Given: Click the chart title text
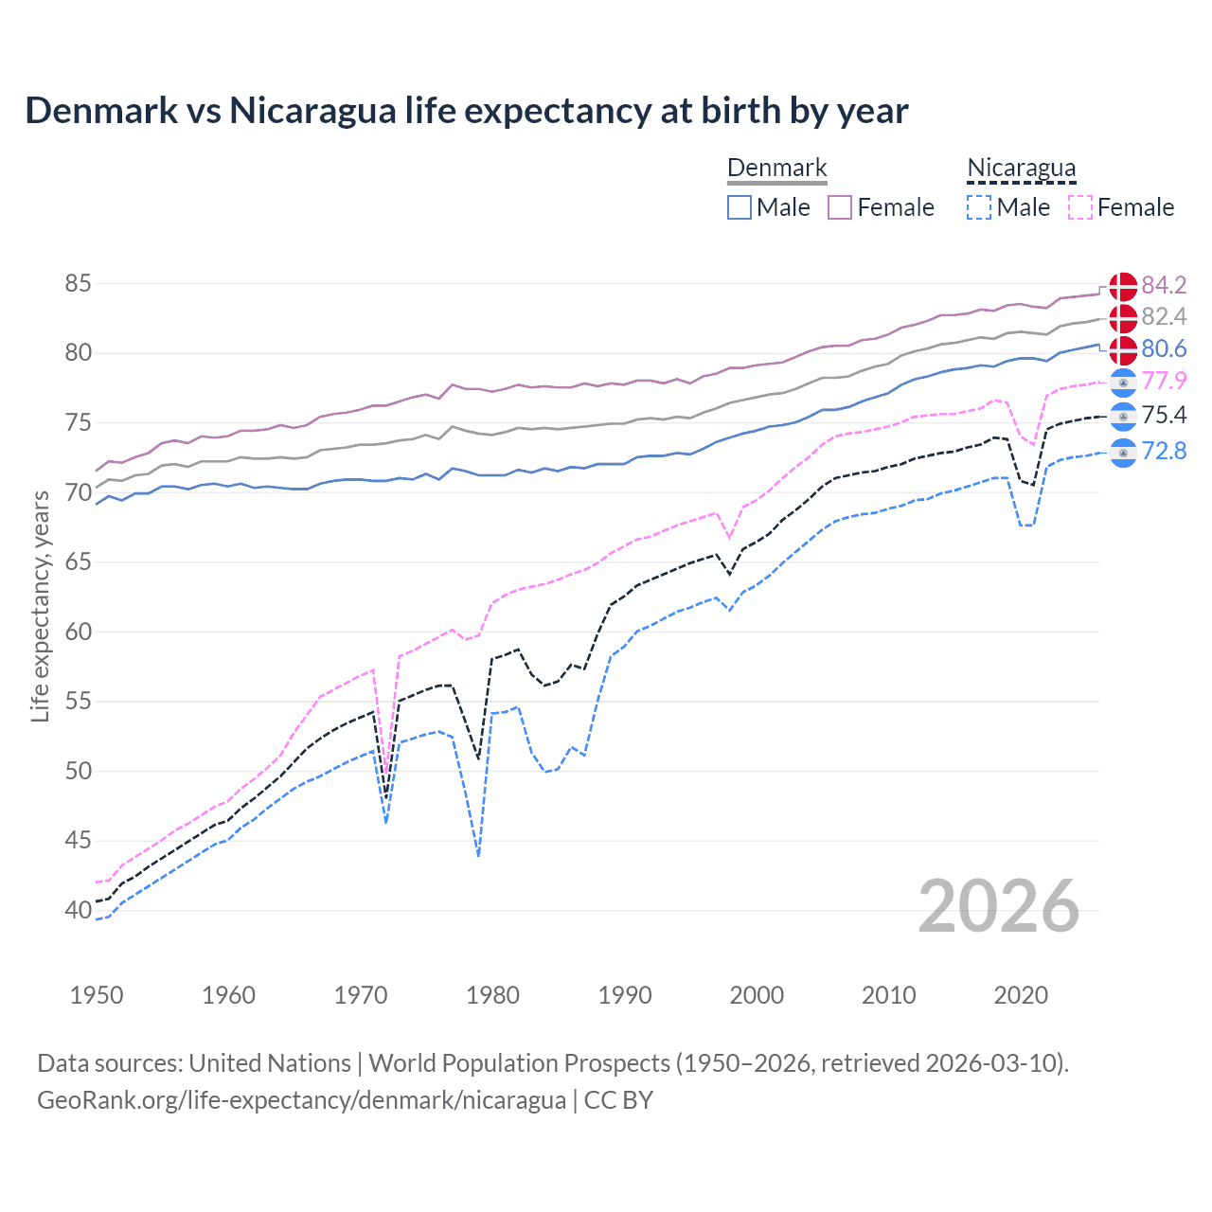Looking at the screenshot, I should pyautogui.click(x=466, y=111).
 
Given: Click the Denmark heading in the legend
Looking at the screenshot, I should pyautogui.click(x=776, y=169).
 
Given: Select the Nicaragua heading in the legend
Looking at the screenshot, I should pyautogui.click(x=1021, y=169).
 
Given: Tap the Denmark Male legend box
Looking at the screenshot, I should pyautogui.click(x=740, y=207).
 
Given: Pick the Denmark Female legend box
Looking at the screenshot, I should pyautogui.click(x=840, y=207).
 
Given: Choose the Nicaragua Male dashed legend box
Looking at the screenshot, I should pyautogui.click(x=979, y=207).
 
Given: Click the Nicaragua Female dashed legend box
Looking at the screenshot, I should pyautogui.click(x=1080, y=207).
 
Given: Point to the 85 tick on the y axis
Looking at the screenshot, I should pyautogui.click(x=79, y=284).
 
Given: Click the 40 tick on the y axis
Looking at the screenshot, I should pyautogui.click(x=79, y=910).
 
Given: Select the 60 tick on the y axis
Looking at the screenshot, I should pyautogui.click(x=79, y=632).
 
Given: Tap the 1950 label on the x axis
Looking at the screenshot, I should pyautogui.click(x=97, y=995).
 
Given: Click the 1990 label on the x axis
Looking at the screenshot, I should pyautogui.click(x=625, y=995).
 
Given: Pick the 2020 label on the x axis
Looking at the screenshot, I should pyautogui.click(x=1021, y=995).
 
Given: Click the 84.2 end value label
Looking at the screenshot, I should pyautogui.click(x=1164, y=285).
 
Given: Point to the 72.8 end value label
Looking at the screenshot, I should pyautogui.click(x=1164, y=451).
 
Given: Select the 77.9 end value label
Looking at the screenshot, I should pyautogui.click(x=1164, y=381).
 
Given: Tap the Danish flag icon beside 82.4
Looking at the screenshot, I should pyautogui.click(x=1123, y=317).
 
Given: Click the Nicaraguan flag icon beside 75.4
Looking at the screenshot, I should pyautogui.click(x=1123, y=416).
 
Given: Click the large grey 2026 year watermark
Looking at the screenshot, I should pyautogui.click(x=998, y=906).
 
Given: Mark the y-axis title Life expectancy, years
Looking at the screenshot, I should pyautogui.click(x=41, y=606).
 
